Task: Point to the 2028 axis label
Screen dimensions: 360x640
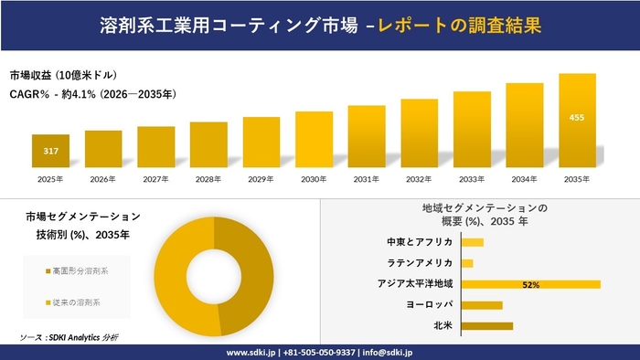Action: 208,178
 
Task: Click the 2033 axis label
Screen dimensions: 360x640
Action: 472,178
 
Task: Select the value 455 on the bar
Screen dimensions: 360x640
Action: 577,118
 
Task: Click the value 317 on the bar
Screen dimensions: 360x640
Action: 50,151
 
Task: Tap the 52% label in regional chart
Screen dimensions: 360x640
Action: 530,285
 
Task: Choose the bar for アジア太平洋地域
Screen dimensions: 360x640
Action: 530,284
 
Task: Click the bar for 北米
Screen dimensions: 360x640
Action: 486,325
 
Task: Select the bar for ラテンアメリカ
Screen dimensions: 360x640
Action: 467,263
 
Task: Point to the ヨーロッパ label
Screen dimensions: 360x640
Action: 429,304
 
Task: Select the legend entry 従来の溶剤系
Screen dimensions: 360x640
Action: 75,302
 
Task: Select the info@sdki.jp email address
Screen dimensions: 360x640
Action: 390,352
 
